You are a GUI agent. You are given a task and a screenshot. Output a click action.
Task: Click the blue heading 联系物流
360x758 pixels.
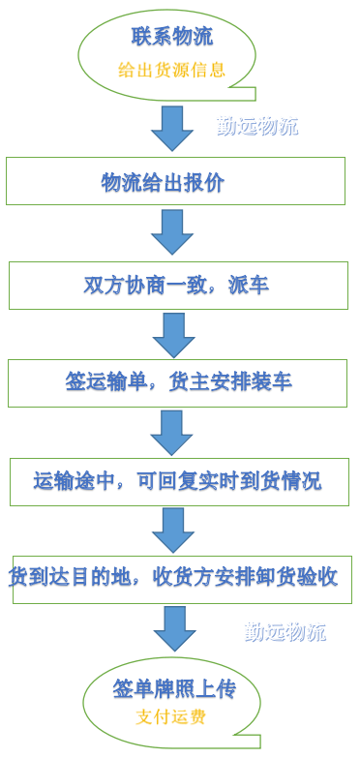(171, 38)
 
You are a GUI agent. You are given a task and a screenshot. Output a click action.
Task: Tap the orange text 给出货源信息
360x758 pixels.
(171, 70)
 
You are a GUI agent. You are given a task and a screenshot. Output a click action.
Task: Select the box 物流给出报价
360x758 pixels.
(175, 181)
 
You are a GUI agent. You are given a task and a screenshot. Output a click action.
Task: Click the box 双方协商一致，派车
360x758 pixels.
(178, 286)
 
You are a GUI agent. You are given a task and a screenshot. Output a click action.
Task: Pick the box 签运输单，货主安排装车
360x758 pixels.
(177, 382)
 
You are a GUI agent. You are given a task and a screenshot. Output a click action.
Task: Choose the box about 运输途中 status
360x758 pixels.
(179, 481)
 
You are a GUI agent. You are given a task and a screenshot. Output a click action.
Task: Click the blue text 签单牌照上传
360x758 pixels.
(172, 689)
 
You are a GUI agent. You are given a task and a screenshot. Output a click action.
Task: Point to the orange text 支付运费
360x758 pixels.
(171, 717)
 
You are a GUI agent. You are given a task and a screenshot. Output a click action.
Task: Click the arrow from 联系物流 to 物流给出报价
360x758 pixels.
(172, 128)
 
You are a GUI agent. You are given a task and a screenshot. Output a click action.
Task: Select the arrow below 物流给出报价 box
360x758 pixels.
(172, 232)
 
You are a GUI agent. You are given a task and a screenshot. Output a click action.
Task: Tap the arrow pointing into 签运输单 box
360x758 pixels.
(173, 335)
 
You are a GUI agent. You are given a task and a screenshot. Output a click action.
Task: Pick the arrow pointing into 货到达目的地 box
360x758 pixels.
(173, 531)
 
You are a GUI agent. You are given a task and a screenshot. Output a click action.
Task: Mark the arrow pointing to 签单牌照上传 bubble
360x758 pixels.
(174, 628)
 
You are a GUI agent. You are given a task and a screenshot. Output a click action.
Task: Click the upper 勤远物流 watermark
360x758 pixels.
(256, 126)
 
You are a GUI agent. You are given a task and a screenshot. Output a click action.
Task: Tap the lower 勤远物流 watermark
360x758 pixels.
(285, 632)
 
